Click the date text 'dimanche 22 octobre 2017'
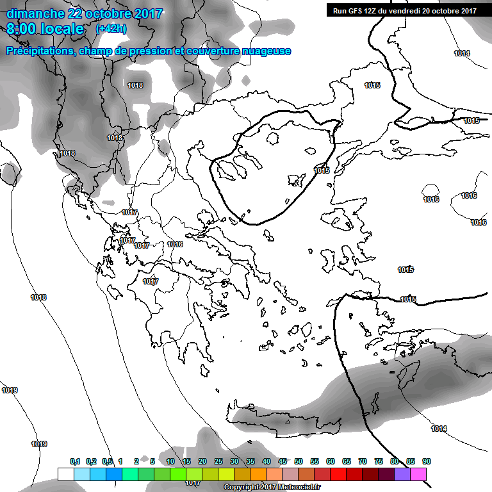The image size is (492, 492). click(85, 13)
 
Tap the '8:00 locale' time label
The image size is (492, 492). click(45, 29)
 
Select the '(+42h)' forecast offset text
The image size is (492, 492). click(111, 29)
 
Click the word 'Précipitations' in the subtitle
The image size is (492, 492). click(39, 51)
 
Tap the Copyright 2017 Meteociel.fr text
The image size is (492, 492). click(272, 487)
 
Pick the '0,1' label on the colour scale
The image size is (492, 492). click(75, 462)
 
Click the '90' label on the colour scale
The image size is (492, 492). click(426, 462)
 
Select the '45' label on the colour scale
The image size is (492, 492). click(283, 462)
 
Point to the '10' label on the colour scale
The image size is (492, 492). click(170, 462)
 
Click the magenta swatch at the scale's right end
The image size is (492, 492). click(418, 474)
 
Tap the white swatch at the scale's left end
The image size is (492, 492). click(65, 474)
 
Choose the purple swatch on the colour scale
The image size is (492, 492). click(402, 474)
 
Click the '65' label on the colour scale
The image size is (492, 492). click(347, 462)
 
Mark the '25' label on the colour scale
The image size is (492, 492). click(218, 462)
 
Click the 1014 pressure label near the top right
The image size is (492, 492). click(462, 53)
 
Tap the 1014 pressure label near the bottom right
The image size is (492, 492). click(439, 429)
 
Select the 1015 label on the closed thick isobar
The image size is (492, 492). click(322, 170)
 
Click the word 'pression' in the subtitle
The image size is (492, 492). click(149, 51)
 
